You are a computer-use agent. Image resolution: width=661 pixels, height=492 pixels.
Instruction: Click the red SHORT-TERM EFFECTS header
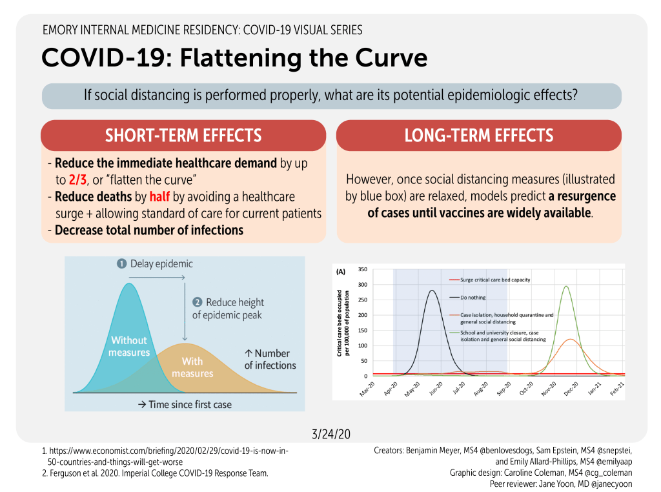pos(183,136)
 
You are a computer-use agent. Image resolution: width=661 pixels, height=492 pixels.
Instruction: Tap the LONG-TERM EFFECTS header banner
pos(478,136)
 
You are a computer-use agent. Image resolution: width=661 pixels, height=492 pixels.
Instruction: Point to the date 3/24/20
pos(330,434)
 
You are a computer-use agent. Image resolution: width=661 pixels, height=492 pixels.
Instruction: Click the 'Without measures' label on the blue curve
pos(129,346)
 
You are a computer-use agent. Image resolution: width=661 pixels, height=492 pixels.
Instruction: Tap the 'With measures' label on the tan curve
pos(192,367)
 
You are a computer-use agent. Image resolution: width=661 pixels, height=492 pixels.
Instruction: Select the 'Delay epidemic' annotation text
pos(161,263)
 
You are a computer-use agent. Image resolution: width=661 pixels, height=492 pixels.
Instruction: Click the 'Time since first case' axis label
pos(185,404)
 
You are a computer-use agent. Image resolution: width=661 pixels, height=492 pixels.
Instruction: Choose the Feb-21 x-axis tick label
pos(615,389)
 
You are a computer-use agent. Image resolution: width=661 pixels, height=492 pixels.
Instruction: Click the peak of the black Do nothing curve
pos(432,291)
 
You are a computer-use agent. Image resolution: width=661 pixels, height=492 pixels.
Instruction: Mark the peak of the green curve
pos(566,287)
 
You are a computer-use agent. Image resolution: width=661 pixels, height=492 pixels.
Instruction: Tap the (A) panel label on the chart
pos(341,272)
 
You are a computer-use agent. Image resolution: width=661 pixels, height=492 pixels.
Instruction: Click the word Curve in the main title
pos(385,58)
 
